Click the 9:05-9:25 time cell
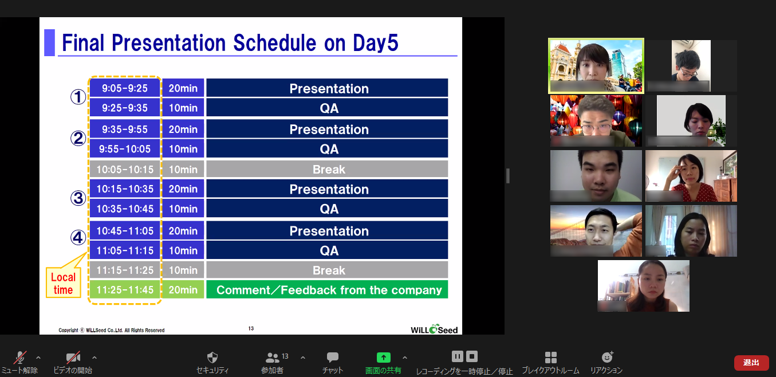(125, 88)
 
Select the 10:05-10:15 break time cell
(125, 169)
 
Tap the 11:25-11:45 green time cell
(125, 289)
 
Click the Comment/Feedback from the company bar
(327, 289)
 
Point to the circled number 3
(78, 198)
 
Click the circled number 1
(78, 97)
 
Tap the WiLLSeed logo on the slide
(434, 329)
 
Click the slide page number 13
(251, 328)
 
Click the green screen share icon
(384, 357)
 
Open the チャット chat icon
(333, 357)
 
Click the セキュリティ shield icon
(212, 358)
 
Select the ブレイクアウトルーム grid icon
(550, 358)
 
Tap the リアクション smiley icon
(607, 357)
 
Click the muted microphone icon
(19, 358)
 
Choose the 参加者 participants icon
(272, 358)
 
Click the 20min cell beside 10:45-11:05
(183, 230)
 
